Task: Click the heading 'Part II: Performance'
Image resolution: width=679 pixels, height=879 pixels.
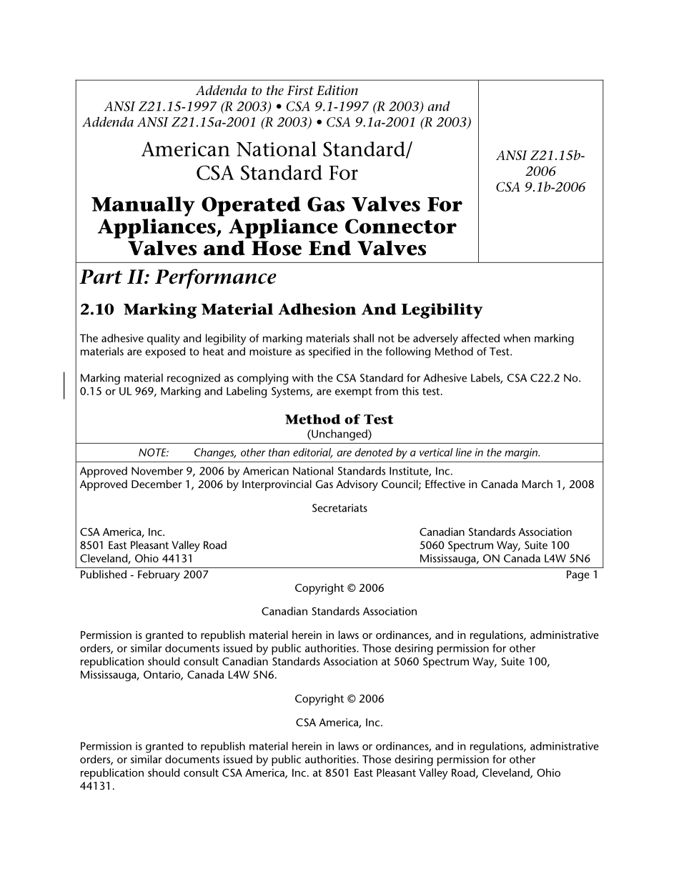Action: click(178, 277)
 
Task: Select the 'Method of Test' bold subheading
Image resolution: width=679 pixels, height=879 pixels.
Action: click(339, 419)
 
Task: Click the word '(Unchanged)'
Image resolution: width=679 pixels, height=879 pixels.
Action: click(339, 434)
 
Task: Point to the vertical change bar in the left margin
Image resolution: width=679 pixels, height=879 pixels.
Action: click(65, 384)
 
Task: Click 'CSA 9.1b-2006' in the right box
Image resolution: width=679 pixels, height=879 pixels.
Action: click(540, 187)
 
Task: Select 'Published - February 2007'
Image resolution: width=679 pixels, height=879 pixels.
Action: click(144, 575)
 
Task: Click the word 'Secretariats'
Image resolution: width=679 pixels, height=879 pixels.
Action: click(339, 508)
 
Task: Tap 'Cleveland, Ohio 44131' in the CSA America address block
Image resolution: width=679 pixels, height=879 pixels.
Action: click(137, 559)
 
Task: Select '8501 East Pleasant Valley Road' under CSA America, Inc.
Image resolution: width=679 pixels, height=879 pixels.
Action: click(153, 545)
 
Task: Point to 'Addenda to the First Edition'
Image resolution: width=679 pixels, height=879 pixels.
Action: click(277, 91)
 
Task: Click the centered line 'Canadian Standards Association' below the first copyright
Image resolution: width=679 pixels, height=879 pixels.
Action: click(339, 612)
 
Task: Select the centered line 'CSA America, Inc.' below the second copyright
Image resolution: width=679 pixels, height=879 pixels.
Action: click(339, 722)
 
